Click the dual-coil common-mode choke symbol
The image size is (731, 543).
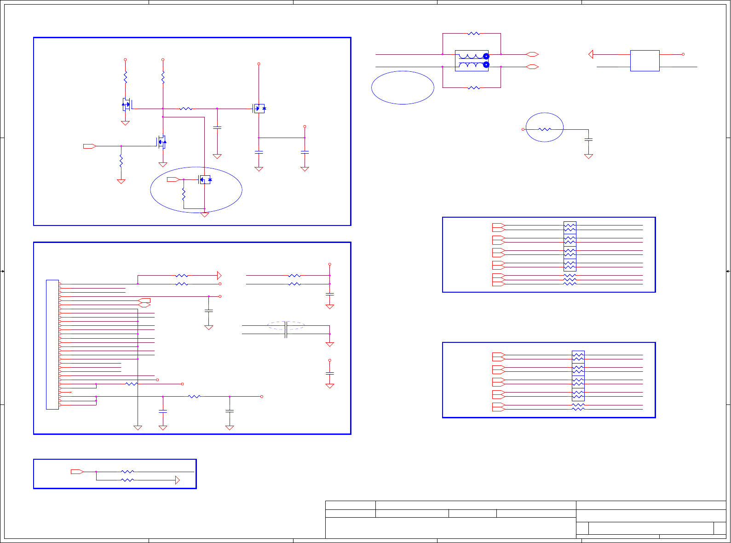tap(472, 61)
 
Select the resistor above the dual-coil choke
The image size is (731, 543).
tap(473, 34)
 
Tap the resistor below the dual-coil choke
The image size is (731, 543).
tap(473, 87)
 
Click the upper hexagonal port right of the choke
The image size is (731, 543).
tap(532, 54)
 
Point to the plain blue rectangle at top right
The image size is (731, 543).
tap(645, 61)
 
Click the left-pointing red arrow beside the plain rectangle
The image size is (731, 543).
tap(591, 54)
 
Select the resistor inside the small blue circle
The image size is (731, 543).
tap(545, 129)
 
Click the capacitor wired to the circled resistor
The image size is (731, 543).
tap(588, 139)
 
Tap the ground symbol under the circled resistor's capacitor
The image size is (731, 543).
tap(588, 156)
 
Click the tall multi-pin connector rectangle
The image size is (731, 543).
tap(52, 344)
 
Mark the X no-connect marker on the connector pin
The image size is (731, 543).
tap(70, 392)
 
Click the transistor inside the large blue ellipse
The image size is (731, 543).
tap(205, 179)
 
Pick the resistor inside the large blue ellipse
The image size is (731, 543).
tap(184, 195)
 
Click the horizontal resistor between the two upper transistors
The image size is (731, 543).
tap(186, 109)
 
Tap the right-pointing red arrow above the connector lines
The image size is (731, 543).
tap(219, 276)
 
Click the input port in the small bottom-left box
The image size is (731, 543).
tap(77, 472)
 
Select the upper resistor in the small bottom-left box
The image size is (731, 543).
tap(127, 472)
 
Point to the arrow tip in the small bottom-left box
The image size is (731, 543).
tap(178, 480)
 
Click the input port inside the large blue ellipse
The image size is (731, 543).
tap(173, 179)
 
